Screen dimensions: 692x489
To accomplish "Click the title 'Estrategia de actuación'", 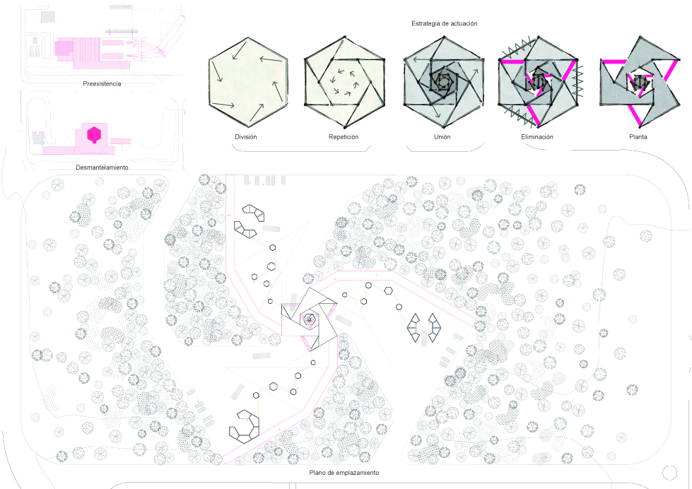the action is (x=444, y=23).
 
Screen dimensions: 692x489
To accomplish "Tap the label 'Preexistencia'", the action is (x=102, y=84).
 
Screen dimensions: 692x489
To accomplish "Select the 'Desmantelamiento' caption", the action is (x=102, y=167).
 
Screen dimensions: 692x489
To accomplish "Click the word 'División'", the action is (x=246, y=137).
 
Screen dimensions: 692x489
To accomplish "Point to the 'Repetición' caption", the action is (x=344, y=137).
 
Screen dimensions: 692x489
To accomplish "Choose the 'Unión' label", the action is (x=442, y=137).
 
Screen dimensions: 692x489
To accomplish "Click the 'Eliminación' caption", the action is (x=537, y=137).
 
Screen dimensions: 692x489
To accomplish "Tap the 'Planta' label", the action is (x=638, y=137).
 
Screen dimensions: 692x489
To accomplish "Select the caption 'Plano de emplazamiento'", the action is (x=344, y=473).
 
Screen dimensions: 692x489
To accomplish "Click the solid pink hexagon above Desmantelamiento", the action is (x=94, y=134).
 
